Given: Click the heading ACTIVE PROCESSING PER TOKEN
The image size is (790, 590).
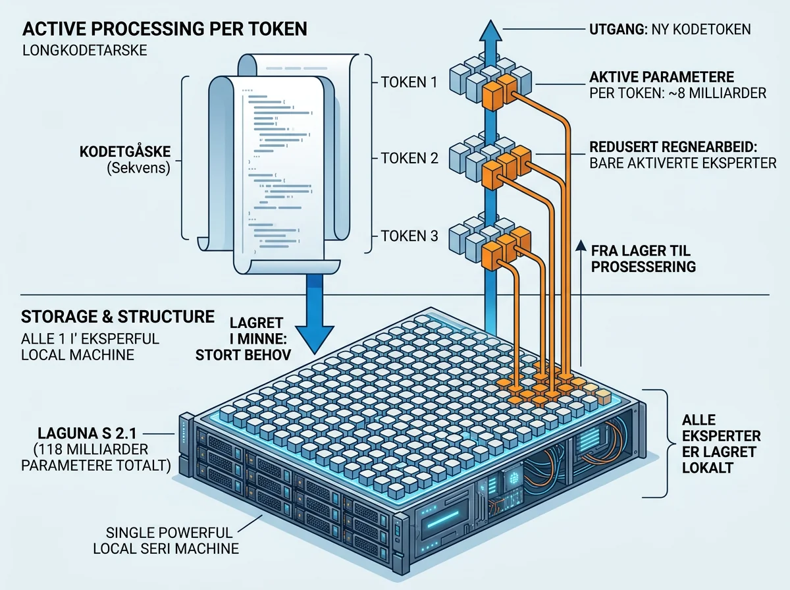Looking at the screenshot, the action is coord(165,29).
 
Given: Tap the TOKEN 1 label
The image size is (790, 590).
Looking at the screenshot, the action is coord(409,82).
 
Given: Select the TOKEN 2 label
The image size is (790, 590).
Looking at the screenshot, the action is coord(409,159).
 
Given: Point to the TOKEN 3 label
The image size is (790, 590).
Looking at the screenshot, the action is coord(409,236).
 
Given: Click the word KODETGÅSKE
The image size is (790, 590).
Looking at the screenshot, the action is coord(125,151).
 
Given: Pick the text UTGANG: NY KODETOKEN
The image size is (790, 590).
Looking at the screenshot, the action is coord(670,30).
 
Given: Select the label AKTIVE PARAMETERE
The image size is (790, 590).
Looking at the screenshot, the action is coord(662,77).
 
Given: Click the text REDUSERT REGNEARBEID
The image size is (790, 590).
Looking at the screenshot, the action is coord(673,147).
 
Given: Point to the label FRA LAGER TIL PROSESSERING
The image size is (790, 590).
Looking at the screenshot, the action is coord(643,259).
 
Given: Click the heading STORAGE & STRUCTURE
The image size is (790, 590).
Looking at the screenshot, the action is coord(118,317).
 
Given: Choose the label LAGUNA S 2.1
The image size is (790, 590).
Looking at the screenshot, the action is coord(87,433).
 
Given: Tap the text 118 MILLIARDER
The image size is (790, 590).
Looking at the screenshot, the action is coord(90,449).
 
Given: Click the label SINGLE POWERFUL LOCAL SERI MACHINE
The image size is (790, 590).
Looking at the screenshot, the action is coord(166,541).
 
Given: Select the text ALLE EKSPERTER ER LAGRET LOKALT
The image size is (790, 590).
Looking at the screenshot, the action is coord(721,444).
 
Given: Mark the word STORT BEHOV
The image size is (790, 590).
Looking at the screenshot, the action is coord(244,356).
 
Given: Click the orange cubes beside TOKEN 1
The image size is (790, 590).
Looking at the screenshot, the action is coord(500,92).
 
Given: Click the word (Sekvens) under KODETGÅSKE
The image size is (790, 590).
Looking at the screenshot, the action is coord(138,168).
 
